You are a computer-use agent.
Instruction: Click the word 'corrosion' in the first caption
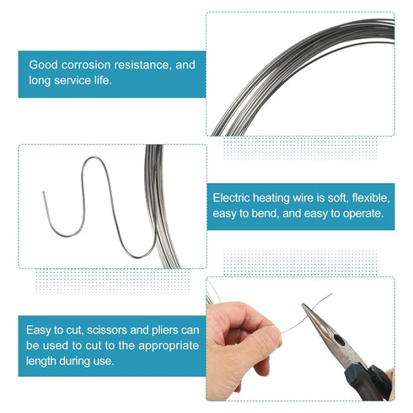86,65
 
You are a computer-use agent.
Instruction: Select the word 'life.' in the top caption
103,81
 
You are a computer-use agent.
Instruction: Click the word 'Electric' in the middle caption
231,198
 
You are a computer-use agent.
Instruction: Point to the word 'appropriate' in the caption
169,346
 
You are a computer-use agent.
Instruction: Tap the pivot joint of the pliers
339,341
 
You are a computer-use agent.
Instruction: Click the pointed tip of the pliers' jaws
303,304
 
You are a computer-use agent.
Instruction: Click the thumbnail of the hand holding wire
272,335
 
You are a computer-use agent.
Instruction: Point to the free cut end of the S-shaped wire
43,192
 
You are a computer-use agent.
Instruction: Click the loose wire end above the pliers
331,294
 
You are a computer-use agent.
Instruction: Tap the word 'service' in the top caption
72,81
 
